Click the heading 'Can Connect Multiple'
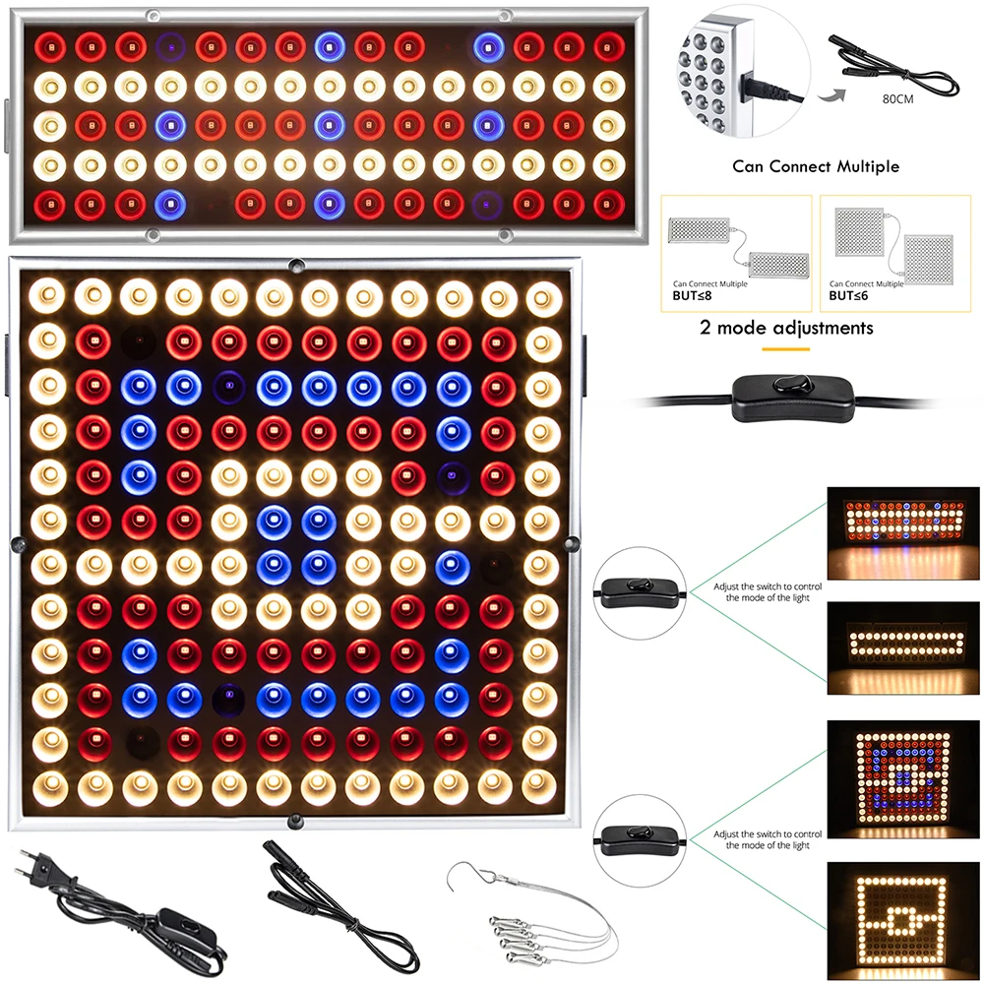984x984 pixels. click(815, 166)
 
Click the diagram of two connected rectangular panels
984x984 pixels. click(737, 243)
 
